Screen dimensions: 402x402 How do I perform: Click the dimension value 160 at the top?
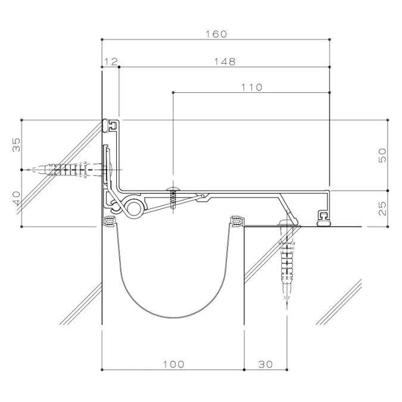pyautogui.click(x=216, y=34)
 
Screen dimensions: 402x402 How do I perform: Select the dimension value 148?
pyautogui.click(x=225, y=61)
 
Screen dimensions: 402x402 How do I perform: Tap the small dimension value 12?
pyautogui.click(x=111, y=61)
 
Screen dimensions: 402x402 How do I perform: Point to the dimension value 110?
pyautogui.click(x=251, y=87)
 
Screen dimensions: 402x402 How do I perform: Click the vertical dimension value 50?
pyautogui.click(x=382, y=155)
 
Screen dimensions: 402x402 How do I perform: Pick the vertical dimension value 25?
pyautogui.click(x=382, y=208)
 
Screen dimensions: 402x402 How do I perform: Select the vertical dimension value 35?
pyautogui.click(x=17, y=144)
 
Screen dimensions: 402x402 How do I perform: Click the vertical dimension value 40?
pyautogui.click(x=17, y=198)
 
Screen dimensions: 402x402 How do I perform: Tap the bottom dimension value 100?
pyautogui.click(x=173, y=364)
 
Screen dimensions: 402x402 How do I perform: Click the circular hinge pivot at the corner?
pyautogui.click(x=135, y=207)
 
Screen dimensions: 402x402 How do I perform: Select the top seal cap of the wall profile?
pyautogui.click(x=110, y=124)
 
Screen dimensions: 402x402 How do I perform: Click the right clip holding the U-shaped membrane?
pyautogui.click(x=238, y=222)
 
